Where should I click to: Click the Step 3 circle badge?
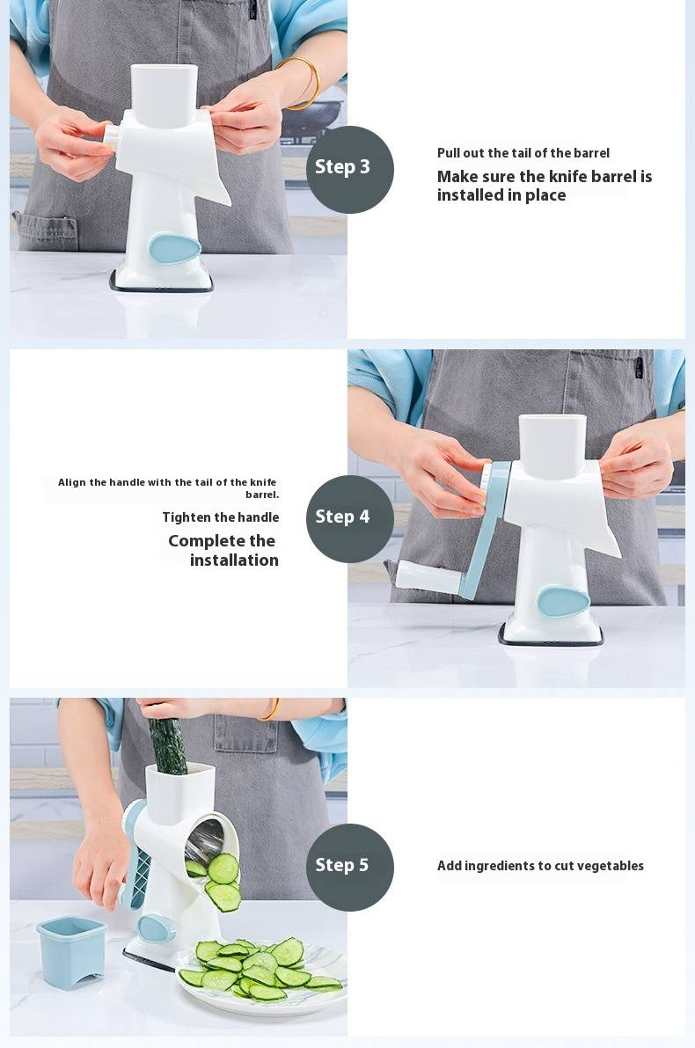tap(349, 170)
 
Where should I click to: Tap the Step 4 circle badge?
tap(349, 518)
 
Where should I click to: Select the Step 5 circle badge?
tap(349, 867)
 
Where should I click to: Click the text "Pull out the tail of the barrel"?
tap(523, 153)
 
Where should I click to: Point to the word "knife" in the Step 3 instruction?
tap(568, 177)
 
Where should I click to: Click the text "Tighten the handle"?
tap(221, 517)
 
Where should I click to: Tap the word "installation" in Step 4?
tap(234, 561)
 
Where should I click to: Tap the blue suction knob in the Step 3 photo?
tap(174, 247)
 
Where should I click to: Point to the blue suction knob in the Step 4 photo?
tap(563, 602)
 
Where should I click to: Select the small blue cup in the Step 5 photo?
tap(71, 951)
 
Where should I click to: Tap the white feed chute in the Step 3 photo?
tap(165, 93)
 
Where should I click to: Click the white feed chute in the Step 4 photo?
tap(552, 445)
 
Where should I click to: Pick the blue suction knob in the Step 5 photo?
tap(155, 928)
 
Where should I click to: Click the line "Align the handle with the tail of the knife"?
tap(167, 482)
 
